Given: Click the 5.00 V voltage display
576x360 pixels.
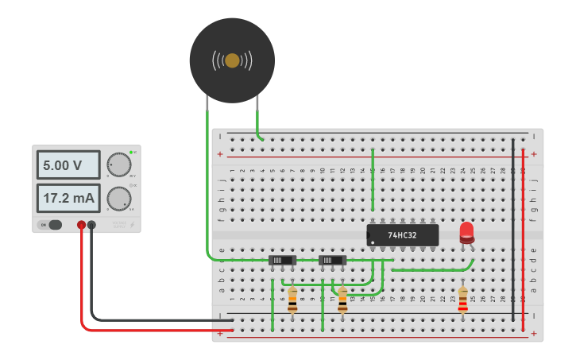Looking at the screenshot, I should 68,165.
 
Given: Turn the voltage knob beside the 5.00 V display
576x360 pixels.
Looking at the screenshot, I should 118,164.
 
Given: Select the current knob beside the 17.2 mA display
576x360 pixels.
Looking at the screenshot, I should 118,197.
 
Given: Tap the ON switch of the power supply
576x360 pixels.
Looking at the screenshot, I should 54,225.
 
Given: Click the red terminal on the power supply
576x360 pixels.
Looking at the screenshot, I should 81,226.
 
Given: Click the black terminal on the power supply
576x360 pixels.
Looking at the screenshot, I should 92,226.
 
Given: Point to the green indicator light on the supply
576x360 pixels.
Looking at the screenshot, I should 130,152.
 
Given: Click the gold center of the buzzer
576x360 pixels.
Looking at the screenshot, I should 232,60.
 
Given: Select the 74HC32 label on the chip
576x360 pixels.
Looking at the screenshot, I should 403,235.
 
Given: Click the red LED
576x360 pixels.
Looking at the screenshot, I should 466,232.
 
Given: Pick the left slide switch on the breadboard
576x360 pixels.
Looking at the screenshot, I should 283,260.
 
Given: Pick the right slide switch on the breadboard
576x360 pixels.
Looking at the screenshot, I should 332,260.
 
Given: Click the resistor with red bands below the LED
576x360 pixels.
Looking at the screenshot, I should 463,300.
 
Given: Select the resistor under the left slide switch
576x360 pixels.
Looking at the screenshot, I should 292,300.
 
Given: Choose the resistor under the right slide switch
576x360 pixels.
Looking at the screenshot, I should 342,300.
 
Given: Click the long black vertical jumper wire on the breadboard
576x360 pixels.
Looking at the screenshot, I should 513,230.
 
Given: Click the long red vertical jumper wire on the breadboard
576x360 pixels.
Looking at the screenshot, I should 523,230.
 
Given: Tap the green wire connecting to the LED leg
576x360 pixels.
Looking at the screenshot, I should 429,269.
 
